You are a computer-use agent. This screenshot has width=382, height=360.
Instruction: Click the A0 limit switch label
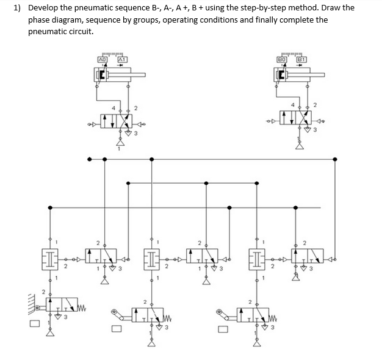(103, 59)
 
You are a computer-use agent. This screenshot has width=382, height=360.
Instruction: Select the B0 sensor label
(283, 59)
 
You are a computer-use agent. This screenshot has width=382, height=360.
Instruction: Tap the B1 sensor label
(301, 59)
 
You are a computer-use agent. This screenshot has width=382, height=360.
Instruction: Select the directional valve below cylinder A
(117, 120)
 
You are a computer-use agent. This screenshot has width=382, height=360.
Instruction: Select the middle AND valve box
(153, 256)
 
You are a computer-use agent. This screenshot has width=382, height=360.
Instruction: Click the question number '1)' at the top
(18, 8)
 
